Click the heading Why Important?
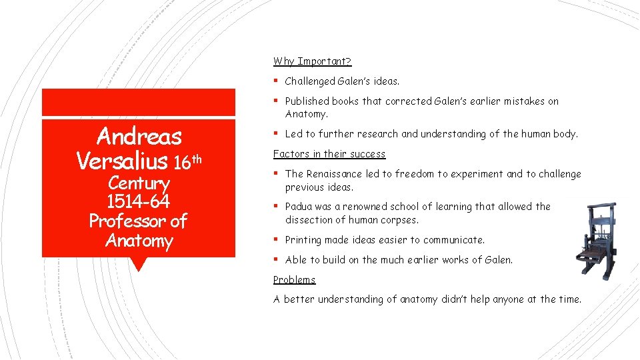(x=312, y=61)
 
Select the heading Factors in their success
(x=329, y=154)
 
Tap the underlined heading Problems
(x=294, y=280)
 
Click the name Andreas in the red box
(x=139, y=137)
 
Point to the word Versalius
(x=122, y=161)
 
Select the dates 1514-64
(x=139, y=201)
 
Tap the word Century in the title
(x=139, y=183)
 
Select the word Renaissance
(x=332, y=174)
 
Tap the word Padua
(x=299, y=207)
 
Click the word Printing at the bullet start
(x=304, y=240)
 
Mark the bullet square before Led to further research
(x=276, y=134)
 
